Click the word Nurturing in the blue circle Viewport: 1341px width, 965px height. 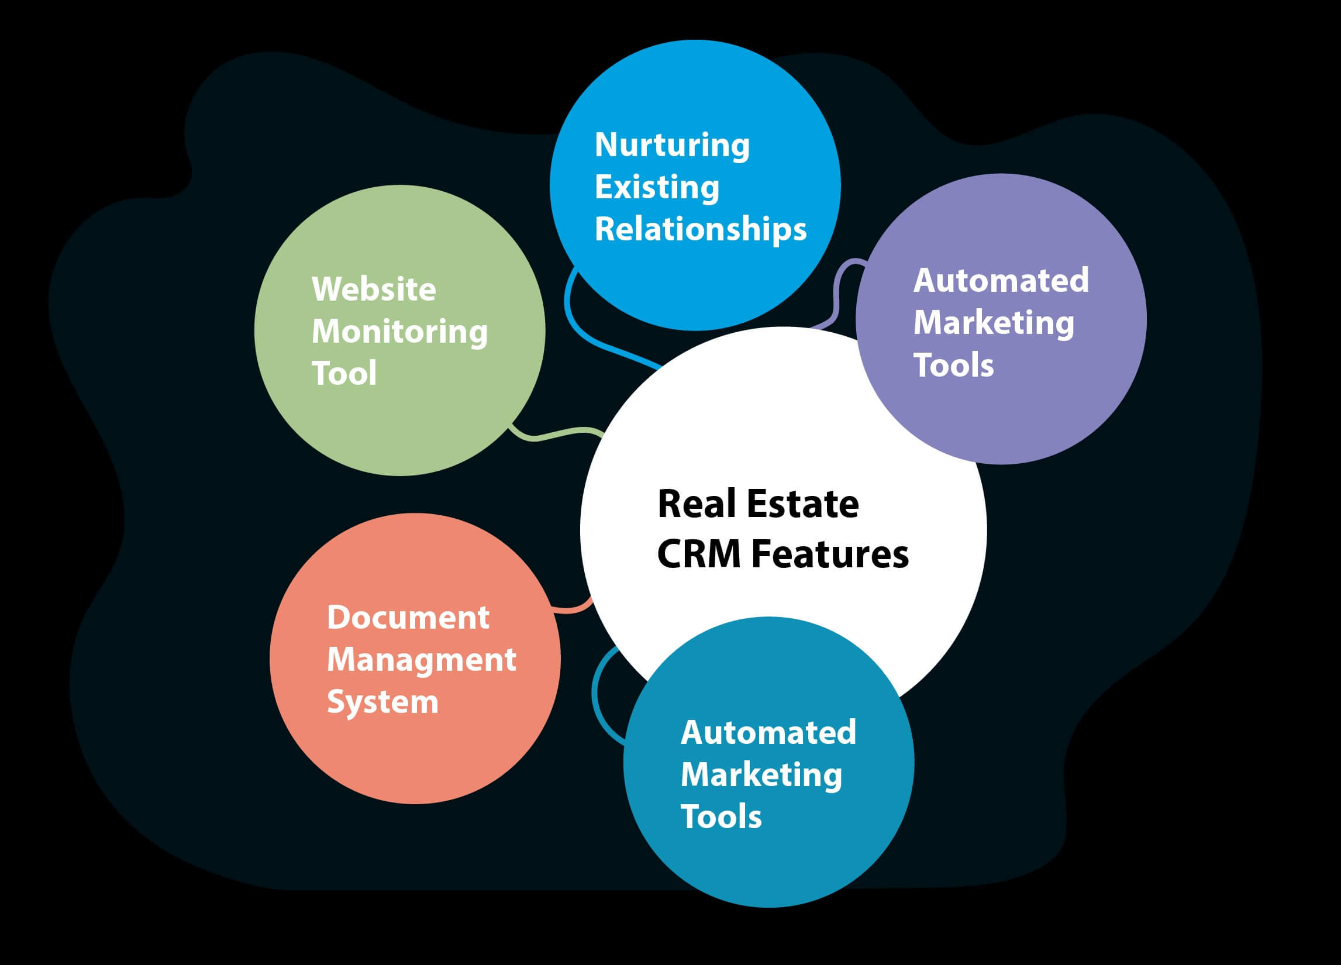click(672, 145)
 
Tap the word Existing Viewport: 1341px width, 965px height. click(656, 187)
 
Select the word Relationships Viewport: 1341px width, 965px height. click(700, 229)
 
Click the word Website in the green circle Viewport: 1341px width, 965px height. click(374, 289)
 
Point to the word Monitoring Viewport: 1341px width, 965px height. click(399, 332)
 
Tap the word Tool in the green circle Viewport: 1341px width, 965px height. click(343, 374)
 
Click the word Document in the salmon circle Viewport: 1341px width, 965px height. click(408, 618)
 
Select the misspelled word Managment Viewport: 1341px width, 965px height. click(422, 660)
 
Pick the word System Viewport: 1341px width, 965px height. click(382, 702)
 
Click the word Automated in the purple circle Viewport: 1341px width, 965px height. click(1001, 280)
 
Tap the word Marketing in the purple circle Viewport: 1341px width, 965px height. click(994, 323)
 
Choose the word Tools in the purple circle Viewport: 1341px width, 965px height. click(953, 365)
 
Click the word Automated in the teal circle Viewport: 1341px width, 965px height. click(768, 733)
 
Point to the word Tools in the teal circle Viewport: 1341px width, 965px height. click(721, 816)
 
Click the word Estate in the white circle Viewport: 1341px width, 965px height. click(802, 504)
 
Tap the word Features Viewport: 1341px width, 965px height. click(830, 554)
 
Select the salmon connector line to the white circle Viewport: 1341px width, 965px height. click(571, 608)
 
